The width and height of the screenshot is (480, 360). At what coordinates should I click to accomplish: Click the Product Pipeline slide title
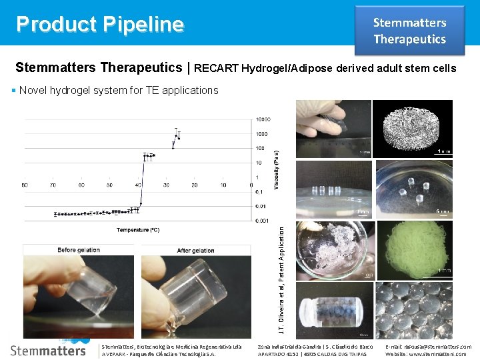click(x=100, y=24)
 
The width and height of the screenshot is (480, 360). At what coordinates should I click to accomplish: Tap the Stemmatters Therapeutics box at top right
click(x=409, y=31)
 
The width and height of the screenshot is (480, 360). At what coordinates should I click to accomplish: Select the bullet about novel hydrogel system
click(x=119, y=90)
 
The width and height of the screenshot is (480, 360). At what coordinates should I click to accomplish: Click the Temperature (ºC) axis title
click(x=138, y=230)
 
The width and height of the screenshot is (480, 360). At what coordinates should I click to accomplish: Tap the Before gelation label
click(x=79, y=250)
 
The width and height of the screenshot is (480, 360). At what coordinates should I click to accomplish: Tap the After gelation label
click(x=195, y=250)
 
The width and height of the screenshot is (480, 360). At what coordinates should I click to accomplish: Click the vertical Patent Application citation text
click(x=282, y=280)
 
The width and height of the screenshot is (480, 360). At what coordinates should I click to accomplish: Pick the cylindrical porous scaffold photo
click(x=414, y=128)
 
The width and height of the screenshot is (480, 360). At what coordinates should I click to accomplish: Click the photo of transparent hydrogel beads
click(x=414, y=309)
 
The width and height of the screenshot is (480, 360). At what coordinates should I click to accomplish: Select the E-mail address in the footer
click(x=428, y=347)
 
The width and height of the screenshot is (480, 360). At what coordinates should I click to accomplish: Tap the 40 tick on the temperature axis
click(x=138, y=185)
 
